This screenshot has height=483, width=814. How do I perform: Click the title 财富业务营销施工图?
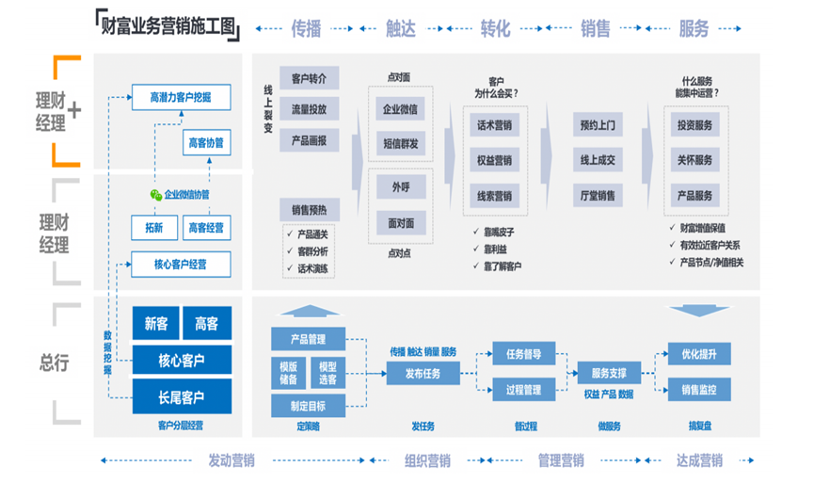click(170, 26)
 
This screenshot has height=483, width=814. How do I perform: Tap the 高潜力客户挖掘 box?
click(181, 97)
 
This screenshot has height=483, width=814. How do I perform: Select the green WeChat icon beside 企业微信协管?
click(155, 194)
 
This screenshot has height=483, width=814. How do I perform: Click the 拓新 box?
click(152, 227)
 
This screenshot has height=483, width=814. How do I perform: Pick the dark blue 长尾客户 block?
click(181, 396)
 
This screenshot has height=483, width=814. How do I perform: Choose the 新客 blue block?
click(155, 324)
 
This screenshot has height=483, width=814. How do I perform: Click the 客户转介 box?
click(309, 78)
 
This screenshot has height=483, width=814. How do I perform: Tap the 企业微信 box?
click(400, 109)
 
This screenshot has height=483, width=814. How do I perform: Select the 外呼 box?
click(400, 188)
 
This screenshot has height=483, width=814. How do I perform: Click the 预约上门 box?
click(597, 125)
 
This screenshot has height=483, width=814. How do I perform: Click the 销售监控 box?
click(698, 389)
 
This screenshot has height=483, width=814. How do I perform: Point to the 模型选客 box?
click(327, 373)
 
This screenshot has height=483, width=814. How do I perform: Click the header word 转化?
click(495, 28)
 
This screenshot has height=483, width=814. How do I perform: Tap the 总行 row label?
click(53, 362)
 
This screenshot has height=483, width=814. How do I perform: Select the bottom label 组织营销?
click(426, 460)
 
